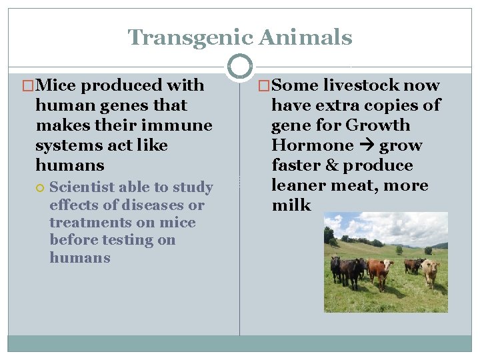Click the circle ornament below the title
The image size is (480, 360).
pyautogui.click(x=240, y=67)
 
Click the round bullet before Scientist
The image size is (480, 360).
pyautogui.click(x=41, y=188)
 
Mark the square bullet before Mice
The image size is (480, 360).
pyautogui.click(x=28, y=86)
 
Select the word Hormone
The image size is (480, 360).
pyautogui.click(x=312, y=145)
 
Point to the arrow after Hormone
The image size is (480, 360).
pyautogui.click(x=366, y=145)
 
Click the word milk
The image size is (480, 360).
pyautogui.click(x=291, y=205)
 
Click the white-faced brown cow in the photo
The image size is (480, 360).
pyautogui.click(x=378, y=271)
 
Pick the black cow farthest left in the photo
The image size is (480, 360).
pyautogui.click(x=335, y=267)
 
